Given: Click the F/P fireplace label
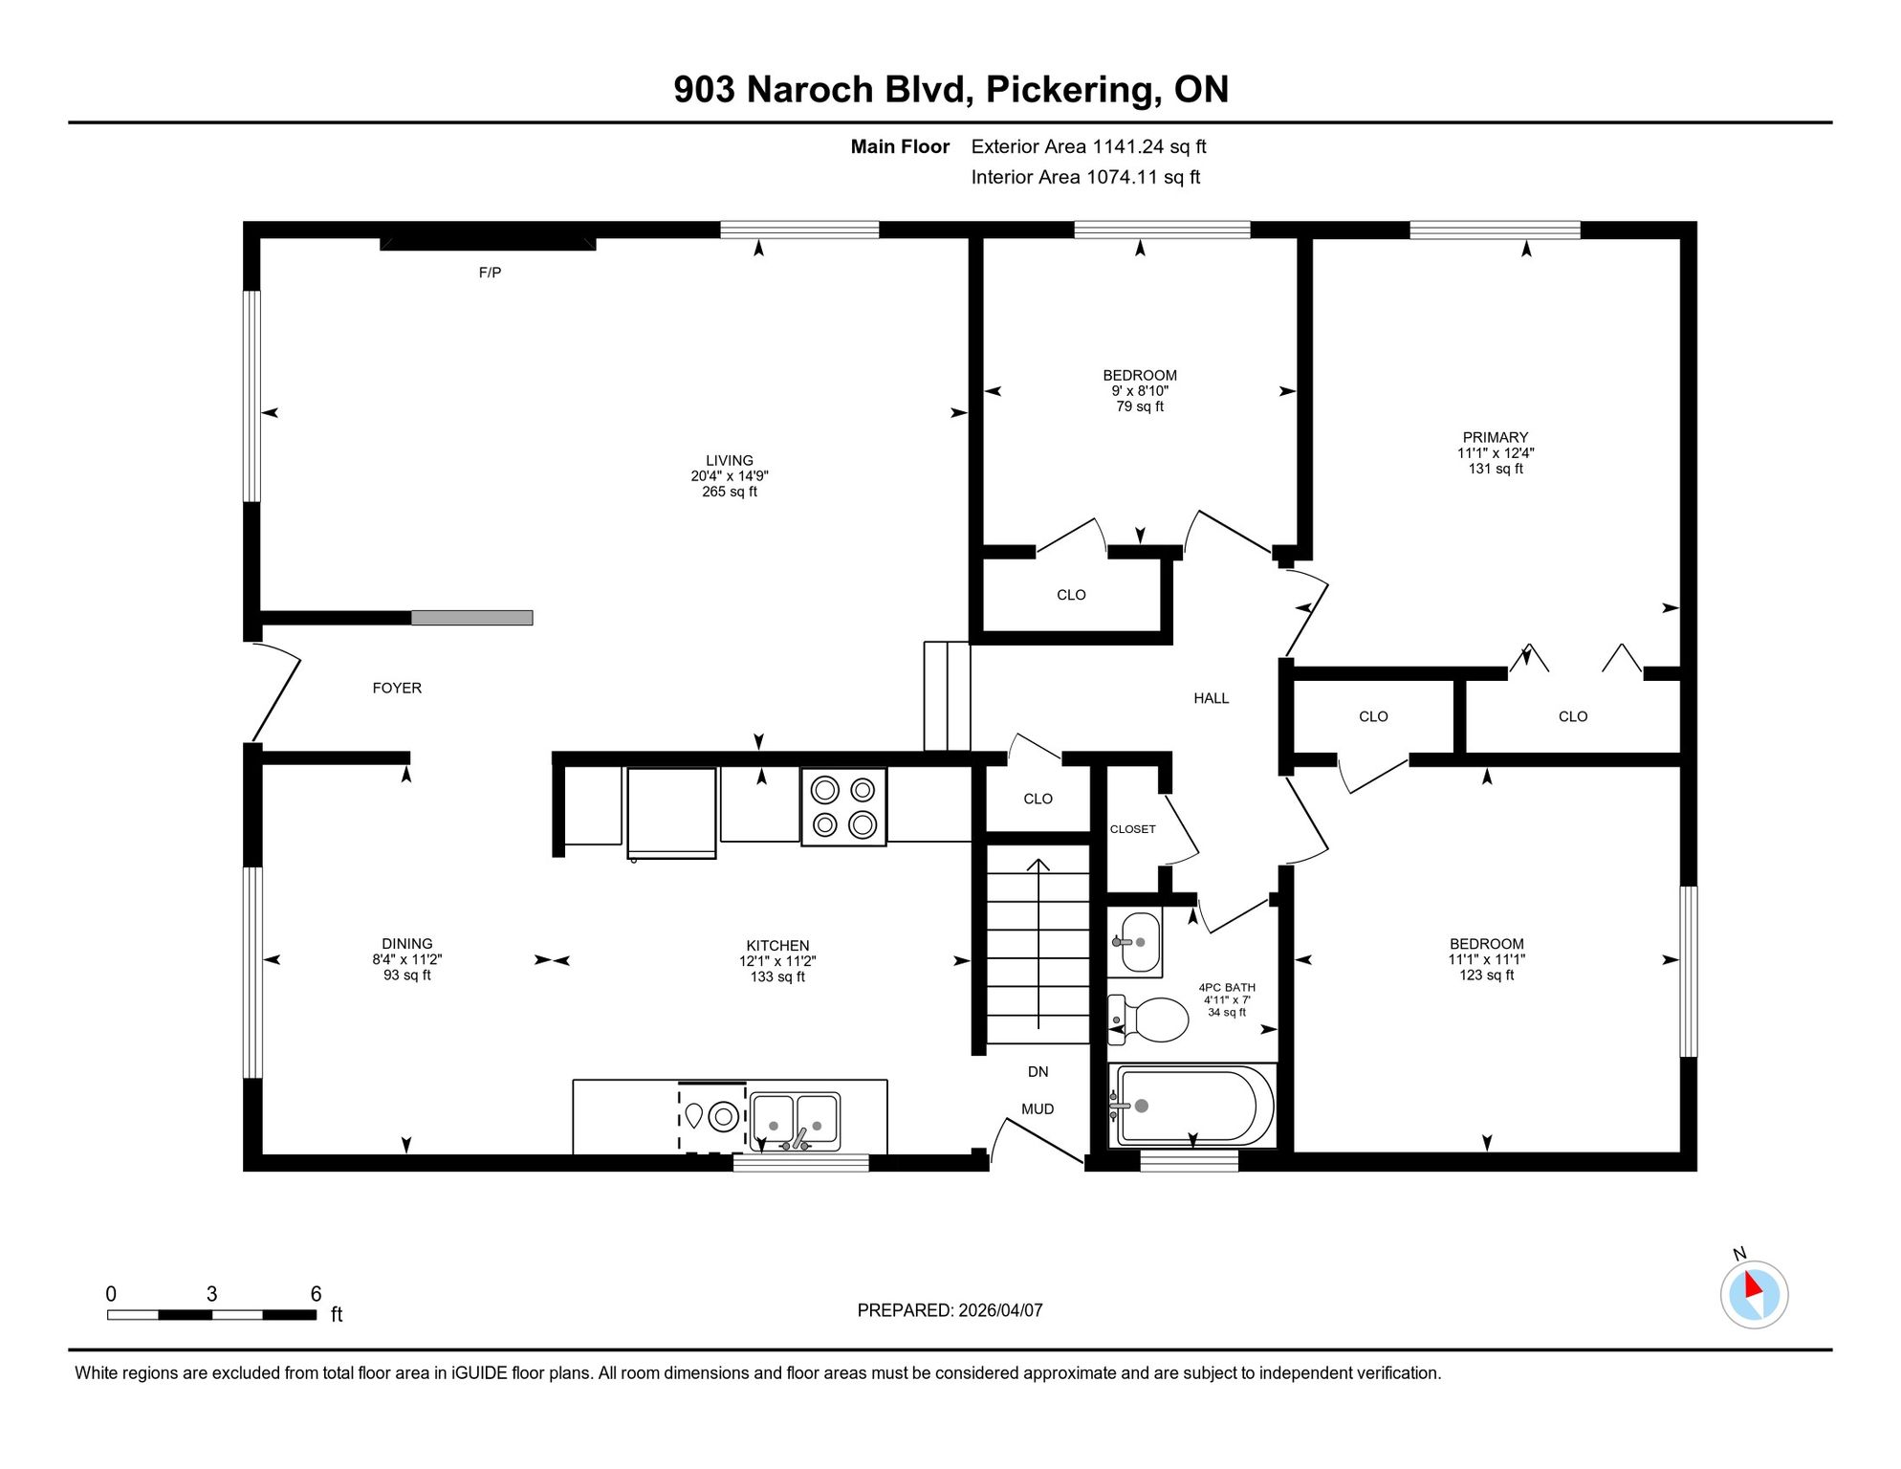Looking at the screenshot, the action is pos(490,273).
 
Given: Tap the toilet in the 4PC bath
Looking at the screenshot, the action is pos(1147,1020).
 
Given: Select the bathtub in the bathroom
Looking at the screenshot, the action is pos(1192,1106).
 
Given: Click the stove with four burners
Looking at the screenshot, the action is pos(843,807).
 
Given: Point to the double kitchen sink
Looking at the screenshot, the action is pos(796,1121).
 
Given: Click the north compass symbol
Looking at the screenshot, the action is pos(1754,1294).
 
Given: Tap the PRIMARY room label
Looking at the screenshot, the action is pos(1496,437).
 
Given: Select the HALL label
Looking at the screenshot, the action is pos(1212,698).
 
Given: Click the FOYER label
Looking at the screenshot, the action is pos(397,688).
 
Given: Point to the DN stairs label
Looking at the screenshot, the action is pos(1038,1072).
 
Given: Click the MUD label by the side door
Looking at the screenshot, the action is pos(1038,1109).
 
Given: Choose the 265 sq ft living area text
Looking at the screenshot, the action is pos(730,492).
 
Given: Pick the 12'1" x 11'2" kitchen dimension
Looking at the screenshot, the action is pos(777,961).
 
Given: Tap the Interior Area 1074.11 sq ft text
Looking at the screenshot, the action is pos(1085,177).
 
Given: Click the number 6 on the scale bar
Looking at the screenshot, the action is pos(317,1294).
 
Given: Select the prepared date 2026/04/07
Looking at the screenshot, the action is pos(999,1310).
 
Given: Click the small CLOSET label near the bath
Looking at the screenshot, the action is pos(1133,829).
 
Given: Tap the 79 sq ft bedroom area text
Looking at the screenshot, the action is pos(1140,406).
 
